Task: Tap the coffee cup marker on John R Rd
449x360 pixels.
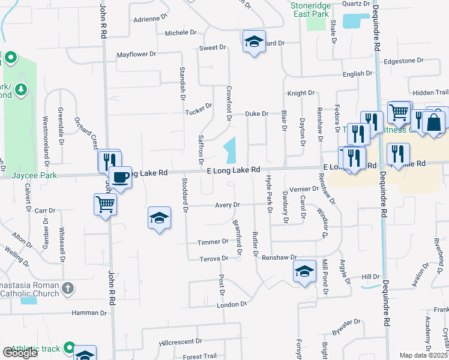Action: [x=120, y=178]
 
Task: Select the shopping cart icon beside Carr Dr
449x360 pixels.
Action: [x=106, y=204]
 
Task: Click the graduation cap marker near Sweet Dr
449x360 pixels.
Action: [x=254, y=41]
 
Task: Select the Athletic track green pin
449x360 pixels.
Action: [x=70, y=348]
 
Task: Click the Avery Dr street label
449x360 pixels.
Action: [x=228, y=205]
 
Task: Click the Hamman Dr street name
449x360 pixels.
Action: [x=89, y=313]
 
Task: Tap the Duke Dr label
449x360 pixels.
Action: [x=256, y=113]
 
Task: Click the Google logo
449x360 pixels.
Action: [x=20, y=353]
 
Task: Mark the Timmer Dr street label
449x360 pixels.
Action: [x=213, y=242]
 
